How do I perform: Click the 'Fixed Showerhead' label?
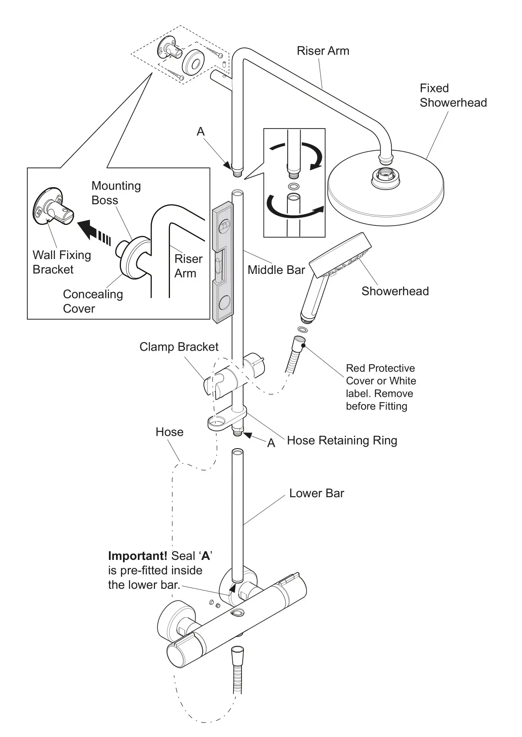(x=452, y=96)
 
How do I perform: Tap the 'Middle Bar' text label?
(x=276, y=270)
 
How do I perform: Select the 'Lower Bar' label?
(x=317, y=493)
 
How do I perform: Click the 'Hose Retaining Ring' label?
(x=342, y=441)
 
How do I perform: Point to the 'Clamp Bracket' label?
(x=179, y=347)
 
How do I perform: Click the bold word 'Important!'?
(x=137, y=556)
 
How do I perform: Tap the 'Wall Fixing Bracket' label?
(x=61, y=262)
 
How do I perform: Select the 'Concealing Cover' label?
(x=92, y=301)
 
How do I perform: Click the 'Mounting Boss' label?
(x=116, y=193)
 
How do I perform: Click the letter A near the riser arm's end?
(x=201, y=131)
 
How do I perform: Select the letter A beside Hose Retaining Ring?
(x=271, y=443)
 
